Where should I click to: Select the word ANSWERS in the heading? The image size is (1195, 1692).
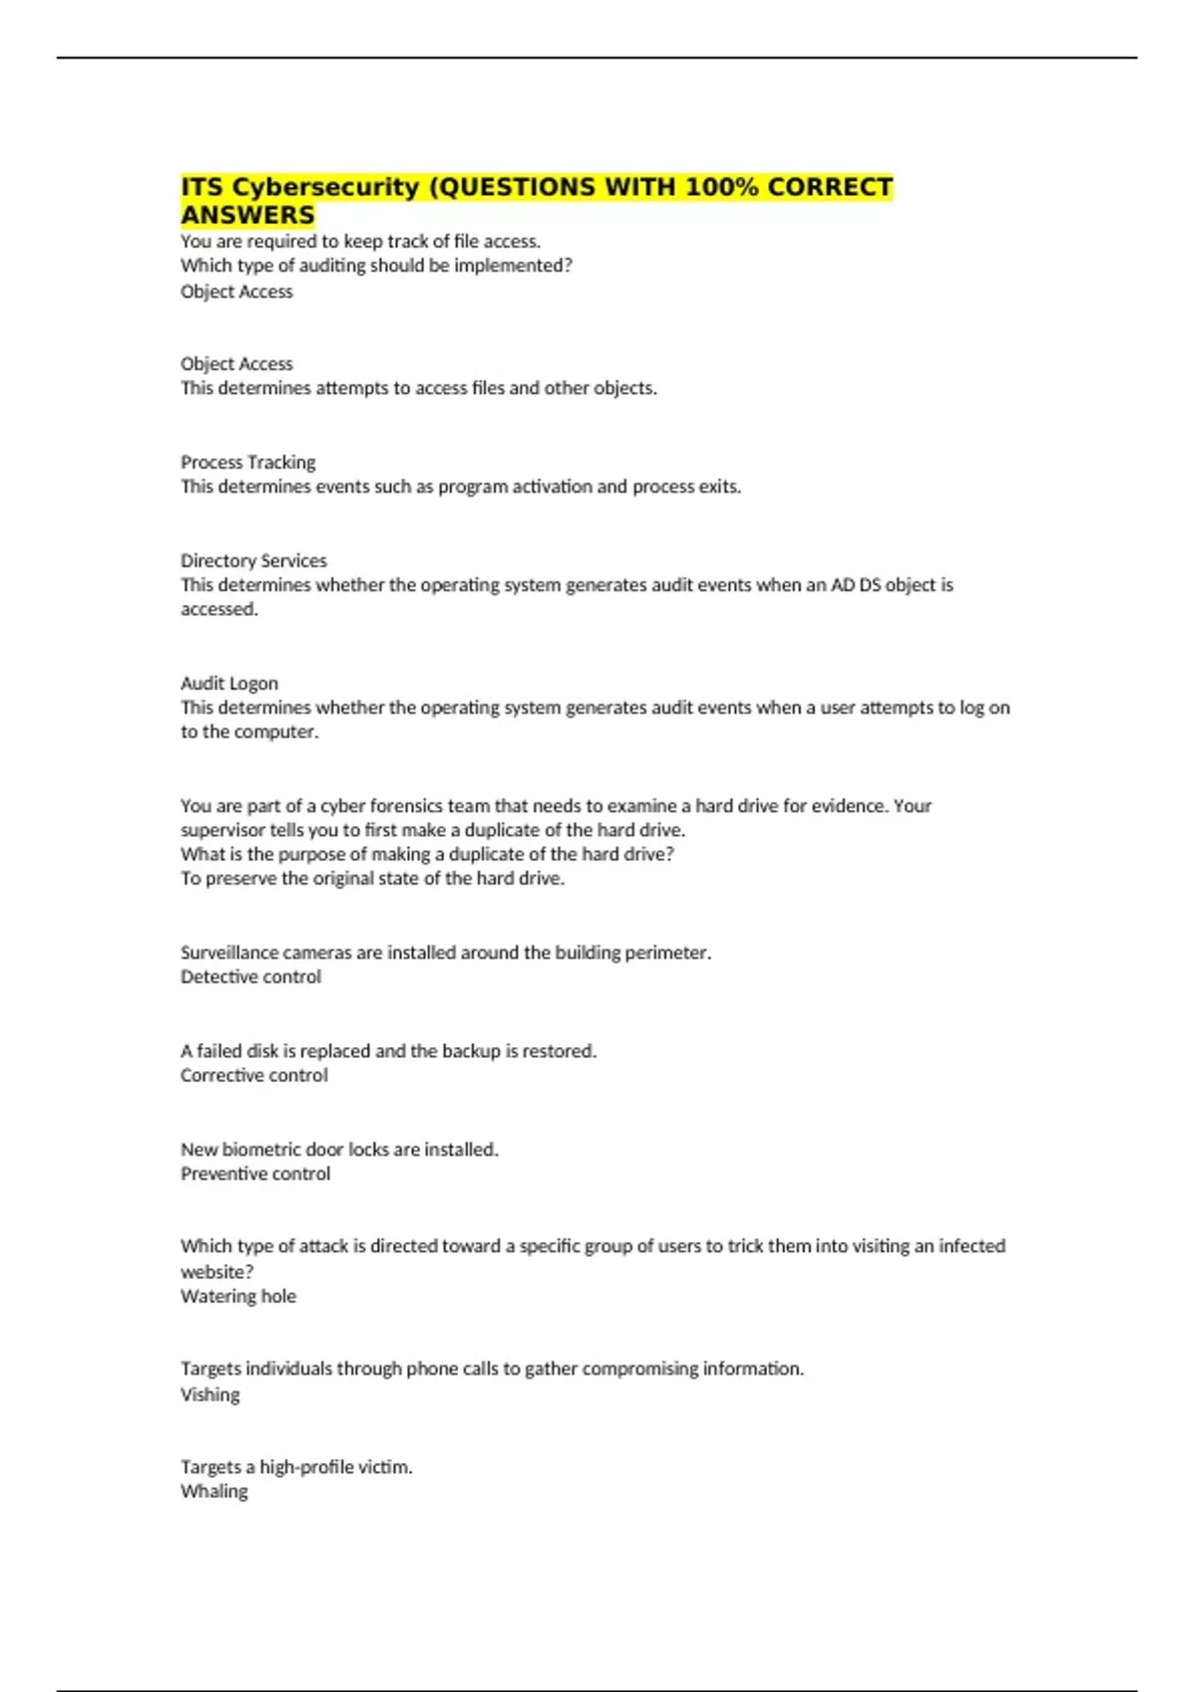[x=247, y=215]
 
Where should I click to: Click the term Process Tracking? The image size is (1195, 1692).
[x=248, y=462]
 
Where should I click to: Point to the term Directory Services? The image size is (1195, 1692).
[x=253, y=560]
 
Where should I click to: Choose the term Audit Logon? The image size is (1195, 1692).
[x=229, y=683]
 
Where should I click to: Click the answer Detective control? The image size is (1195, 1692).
[x=251, y=976]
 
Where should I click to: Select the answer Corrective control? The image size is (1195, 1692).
[x=254, y=1075]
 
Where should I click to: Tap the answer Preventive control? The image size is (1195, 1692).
[x=255, y=1173]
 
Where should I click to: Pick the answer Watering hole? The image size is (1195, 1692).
[x=238, y=1296]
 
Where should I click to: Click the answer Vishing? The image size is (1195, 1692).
[x=210, y=1394]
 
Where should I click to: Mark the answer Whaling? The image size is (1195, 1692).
[x=214, y=1491]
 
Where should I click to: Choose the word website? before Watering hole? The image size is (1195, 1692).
[x=217, y=1272]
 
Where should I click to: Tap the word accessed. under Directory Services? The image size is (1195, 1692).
[x=219, y=609]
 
